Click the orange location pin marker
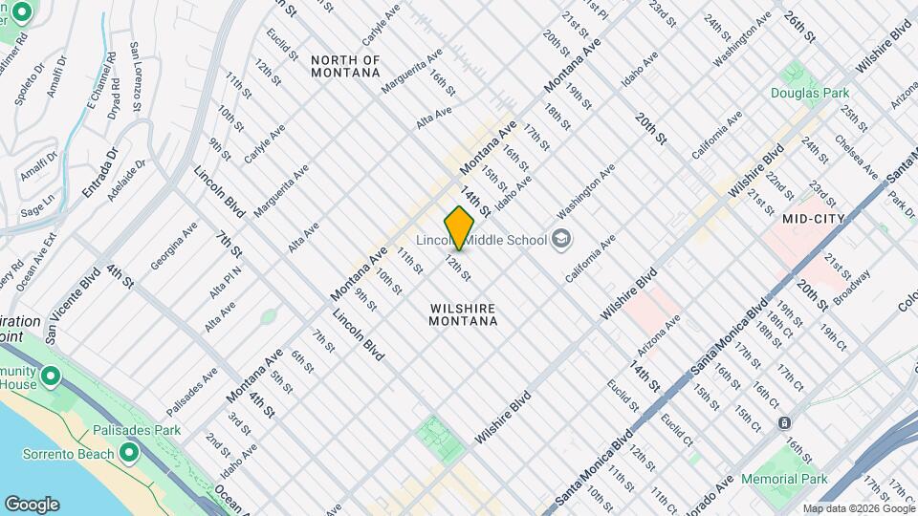tap(460, 227)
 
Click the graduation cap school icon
tap(562, 239)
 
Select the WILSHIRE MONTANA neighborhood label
tap(464, 315)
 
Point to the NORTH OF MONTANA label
tap(345, 67)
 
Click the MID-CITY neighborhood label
tap(811, 219)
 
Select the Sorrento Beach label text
tap(61, 452)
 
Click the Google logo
tap(32, 505)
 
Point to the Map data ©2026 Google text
tap(858, 508)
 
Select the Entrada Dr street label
tap(99, 173)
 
